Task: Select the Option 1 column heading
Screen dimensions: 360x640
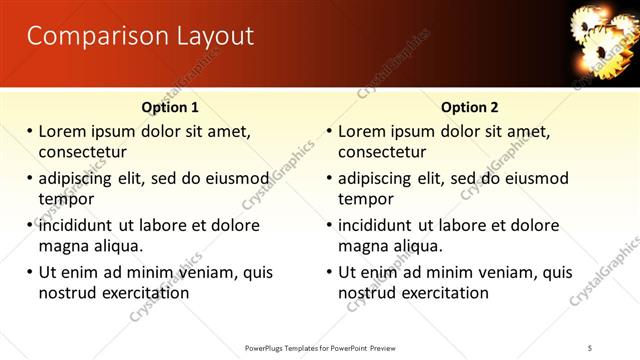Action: tap(170, 107)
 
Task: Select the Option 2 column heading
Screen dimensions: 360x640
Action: tap(470, 107)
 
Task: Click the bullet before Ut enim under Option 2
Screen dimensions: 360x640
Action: tap(329, 272)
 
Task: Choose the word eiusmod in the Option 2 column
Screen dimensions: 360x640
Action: tap(534, 179)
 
